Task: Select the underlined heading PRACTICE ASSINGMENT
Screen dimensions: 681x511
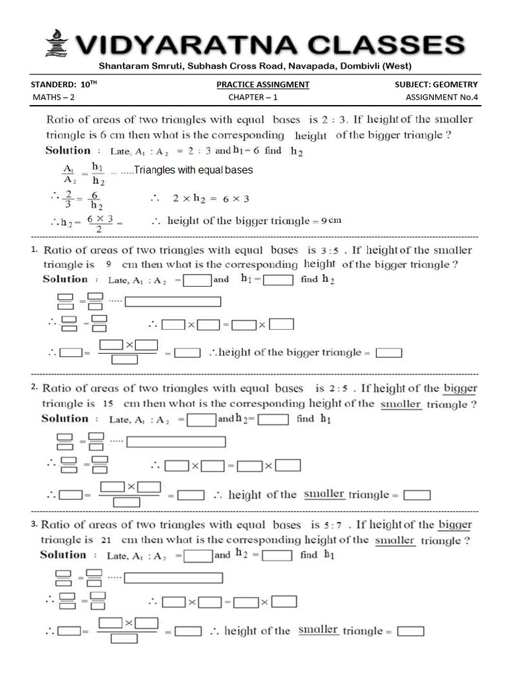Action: click(263, 84)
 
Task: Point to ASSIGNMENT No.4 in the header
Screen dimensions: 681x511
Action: click(442, 97)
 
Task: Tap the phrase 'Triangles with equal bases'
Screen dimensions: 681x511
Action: click(194, 170)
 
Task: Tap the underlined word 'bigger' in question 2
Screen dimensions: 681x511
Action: click(460, 388)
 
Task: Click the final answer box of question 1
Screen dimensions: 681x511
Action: click(393, 353)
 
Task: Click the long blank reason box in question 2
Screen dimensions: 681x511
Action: click(176, 442)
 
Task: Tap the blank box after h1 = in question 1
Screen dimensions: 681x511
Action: click(278, 280)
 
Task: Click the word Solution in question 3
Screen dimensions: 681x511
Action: click(63, 555)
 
